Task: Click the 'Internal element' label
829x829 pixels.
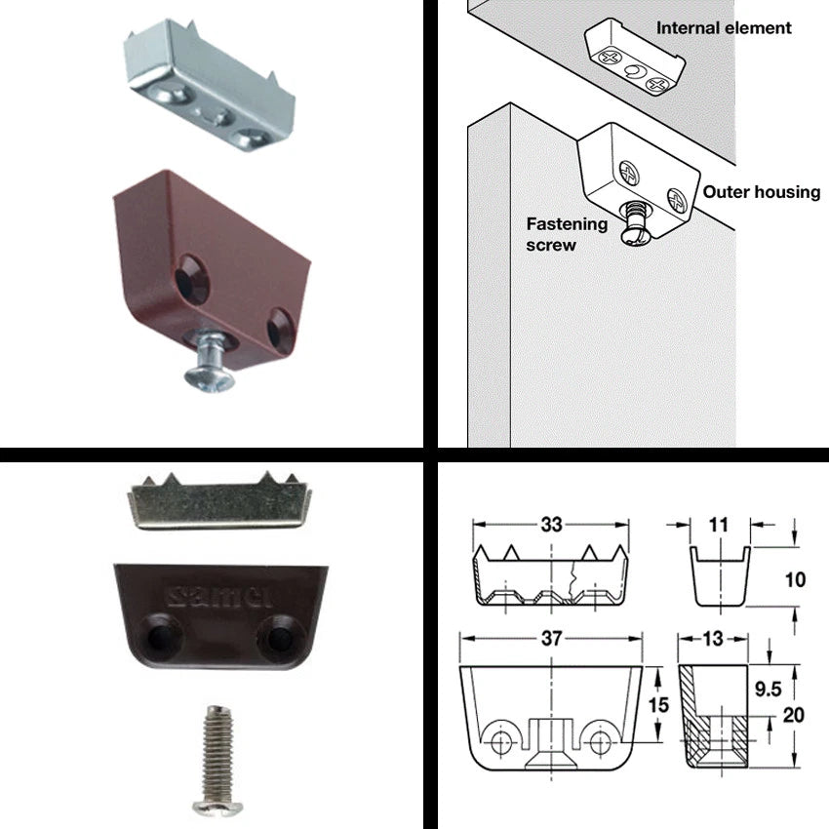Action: [x=724, y=28]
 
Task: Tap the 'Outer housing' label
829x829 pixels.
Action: [x=762, y=192]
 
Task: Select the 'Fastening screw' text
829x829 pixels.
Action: [x=567, y=234]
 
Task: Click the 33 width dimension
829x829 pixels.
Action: [x=551, y=525]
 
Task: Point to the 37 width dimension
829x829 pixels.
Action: [x=551, y=638]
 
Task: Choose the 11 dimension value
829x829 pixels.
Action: [x=718, y=525]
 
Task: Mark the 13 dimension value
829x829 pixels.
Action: [x=713, y=638]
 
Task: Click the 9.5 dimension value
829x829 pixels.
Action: [x=768, y=689]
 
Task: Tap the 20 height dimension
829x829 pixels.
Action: [x=793, y=715]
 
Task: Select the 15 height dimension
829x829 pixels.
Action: [x=658, y=705]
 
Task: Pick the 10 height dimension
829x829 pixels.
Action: [x=795, y=579]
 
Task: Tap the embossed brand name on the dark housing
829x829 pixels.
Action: [x=218, y=596]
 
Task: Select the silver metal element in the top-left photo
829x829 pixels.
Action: [x=209, y=85]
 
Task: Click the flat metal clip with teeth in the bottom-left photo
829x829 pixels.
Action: [x=219, y=501]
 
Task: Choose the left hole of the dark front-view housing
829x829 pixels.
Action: [x=159, y=638]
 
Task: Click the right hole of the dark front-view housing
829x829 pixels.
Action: [x=279, y=638]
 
